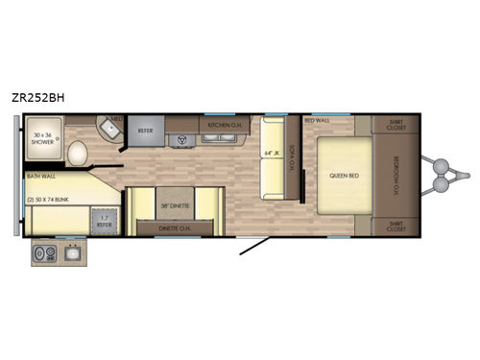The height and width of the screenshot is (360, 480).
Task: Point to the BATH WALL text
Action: tap(40, 176)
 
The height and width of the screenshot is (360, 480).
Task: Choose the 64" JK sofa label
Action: tap(269, 150)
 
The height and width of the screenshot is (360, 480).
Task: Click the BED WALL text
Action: tap(317, 120)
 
